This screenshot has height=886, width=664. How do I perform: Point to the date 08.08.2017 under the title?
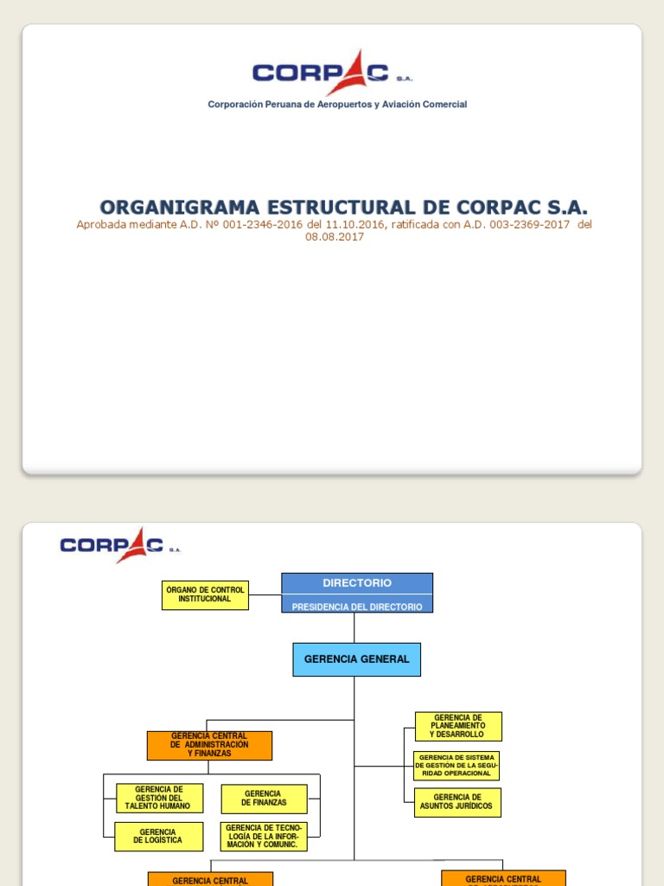point(335,237)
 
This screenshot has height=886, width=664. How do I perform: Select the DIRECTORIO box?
point(357,583)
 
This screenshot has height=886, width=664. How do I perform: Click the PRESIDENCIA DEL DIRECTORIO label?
point(357,607)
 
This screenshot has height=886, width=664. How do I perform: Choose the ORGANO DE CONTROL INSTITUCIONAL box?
point(205,594)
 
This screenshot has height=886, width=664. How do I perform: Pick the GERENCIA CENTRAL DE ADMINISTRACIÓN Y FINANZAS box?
point(209,745)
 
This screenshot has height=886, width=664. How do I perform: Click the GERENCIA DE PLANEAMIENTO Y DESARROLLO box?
point(458,726)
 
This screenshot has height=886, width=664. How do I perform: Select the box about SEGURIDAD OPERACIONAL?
point(456,766)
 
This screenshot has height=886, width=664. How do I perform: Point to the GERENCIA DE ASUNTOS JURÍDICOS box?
point(457,802)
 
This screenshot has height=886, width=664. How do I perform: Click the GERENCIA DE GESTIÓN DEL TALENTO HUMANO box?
point(159,798)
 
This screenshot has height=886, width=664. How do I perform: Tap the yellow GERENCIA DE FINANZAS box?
point(264,799)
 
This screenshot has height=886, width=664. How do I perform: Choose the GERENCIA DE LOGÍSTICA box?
point(159,837)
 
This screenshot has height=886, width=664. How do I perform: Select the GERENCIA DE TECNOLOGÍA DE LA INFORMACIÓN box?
point(264,837)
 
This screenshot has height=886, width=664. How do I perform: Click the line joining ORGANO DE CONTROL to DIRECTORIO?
point(265,595)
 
